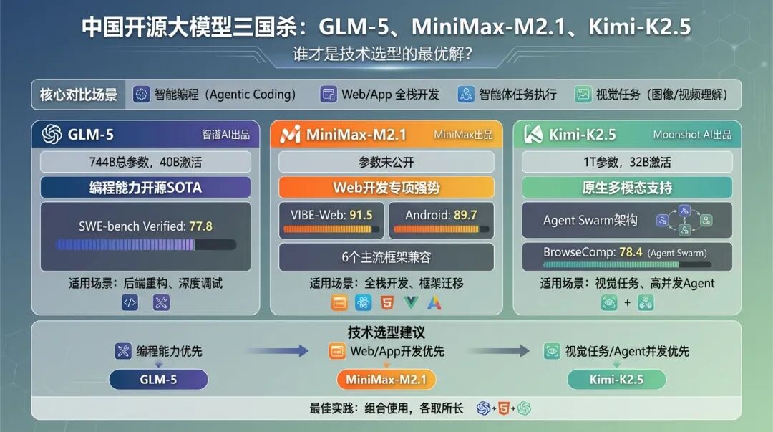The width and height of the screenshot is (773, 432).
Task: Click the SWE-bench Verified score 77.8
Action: click(201, 226)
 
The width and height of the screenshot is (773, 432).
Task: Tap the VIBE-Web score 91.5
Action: click(361, 214)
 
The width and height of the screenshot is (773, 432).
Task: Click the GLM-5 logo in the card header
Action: click(52, 135)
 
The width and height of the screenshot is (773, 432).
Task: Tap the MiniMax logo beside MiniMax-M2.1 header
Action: click(290, 135)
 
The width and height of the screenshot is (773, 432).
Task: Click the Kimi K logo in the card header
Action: click(533, 135)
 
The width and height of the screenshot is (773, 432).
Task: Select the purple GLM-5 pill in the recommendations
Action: click(158, 379)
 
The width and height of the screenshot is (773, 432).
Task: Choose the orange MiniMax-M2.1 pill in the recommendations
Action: click(386, 379)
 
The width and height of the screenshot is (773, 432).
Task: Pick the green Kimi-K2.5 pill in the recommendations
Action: click(616, 379)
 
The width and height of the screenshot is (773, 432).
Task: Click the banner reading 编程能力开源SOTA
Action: click(145, 188)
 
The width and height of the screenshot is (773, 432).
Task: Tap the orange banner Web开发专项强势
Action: click(386, 188)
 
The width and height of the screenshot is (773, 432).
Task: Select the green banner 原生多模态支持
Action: click(626, 188)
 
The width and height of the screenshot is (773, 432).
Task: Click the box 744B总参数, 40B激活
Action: click(145, 162)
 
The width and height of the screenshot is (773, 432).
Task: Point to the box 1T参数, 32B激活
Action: click(626, 162)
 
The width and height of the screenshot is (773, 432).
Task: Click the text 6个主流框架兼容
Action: click(386, 256)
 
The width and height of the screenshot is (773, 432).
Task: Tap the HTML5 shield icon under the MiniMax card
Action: click(386, 303)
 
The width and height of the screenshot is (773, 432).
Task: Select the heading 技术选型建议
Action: click(386, 332)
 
